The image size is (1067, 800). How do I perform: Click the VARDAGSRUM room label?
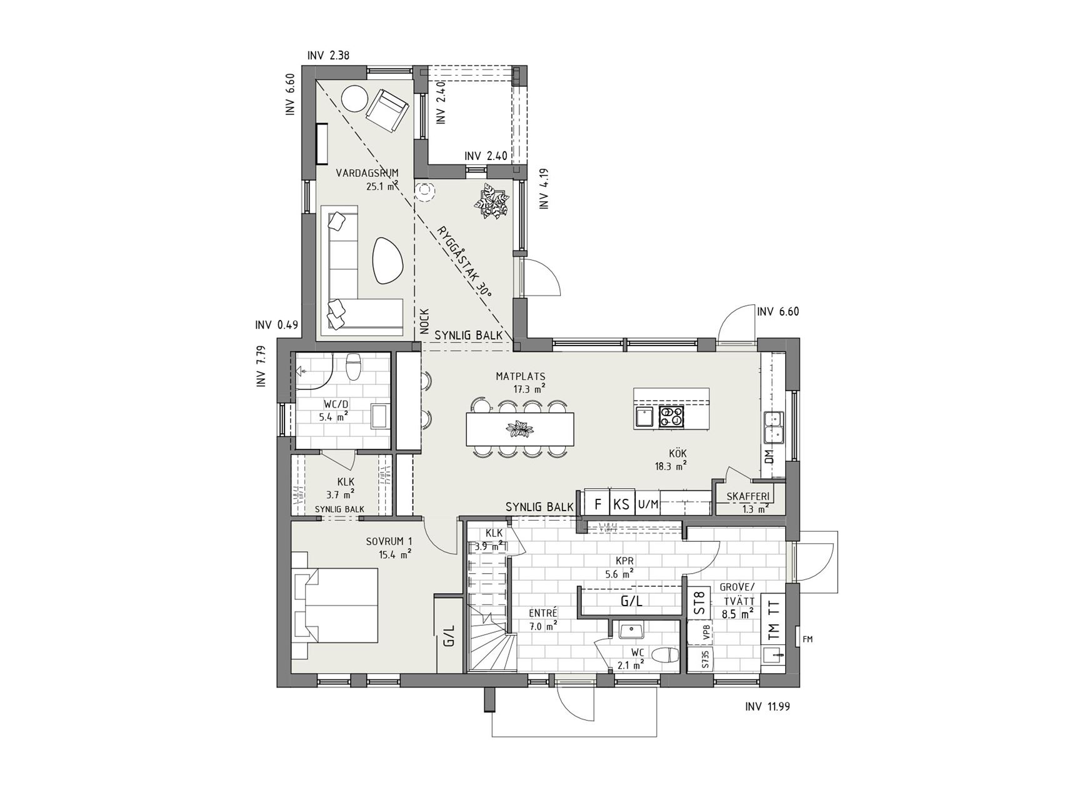point(367,173)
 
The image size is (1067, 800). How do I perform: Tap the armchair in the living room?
point(388,111)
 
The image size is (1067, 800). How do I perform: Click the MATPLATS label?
point(521,376)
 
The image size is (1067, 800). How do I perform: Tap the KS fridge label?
point(621,504)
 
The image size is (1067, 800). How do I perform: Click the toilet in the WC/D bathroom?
point(354,366)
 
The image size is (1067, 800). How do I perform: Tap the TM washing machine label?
point(773,632)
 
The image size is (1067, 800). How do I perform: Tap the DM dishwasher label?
point(769,456)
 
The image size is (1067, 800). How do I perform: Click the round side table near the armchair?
point(354,98)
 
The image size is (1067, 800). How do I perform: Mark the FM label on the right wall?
point(808,639)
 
